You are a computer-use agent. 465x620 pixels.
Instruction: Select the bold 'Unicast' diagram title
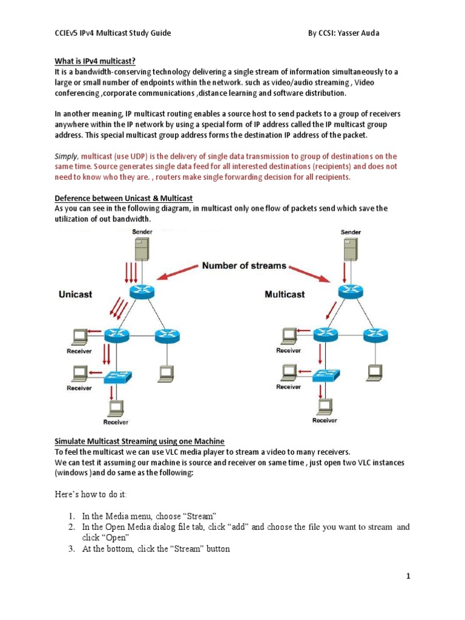point(76,294)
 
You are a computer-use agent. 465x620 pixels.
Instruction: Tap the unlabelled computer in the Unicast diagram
point(164,372)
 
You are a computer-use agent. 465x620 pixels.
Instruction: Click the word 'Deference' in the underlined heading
point(74,198)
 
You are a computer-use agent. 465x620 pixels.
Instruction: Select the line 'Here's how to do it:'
point(93,495)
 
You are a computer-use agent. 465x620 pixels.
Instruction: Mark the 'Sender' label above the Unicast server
point(142,232)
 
